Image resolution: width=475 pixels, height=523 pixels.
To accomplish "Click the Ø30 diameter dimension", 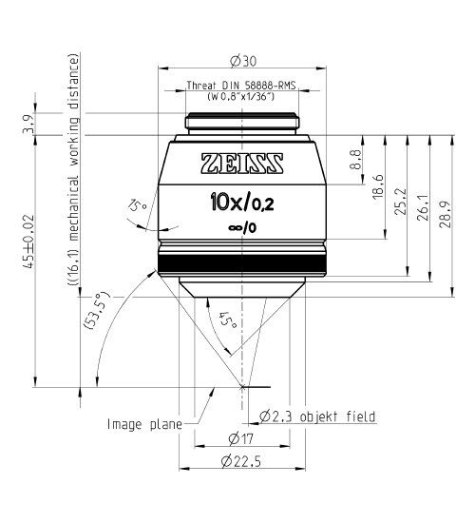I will coord(244,61).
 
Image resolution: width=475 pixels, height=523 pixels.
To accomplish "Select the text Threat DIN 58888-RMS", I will coord(243,85).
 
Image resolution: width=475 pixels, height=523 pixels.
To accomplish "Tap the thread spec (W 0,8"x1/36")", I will coord(243,96).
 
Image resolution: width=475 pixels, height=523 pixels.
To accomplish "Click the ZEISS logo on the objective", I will coord(244,159).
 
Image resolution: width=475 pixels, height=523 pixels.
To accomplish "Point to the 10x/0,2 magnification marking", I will coord(244,202).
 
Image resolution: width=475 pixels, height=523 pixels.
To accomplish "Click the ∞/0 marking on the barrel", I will coord(244,228).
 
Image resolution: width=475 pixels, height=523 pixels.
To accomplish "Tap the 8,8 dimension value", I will coord(355,157).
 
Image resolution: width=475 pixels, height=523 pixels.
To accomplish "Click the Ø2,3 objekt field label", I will coord(318,416).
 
